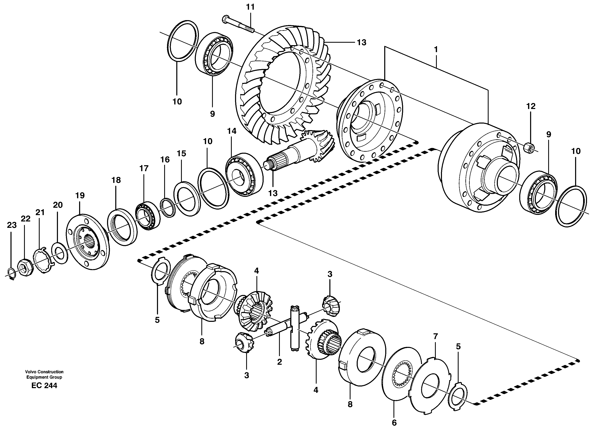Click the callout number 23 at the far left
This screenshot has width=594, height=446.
[x=12, y=225]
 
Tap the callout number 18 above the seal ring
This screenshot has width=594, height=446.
[x=116, y=180]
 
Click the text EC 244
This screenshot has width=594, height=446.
[x=44, y=386]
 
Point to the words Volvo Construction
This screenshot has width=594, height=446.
[x=44, y=372]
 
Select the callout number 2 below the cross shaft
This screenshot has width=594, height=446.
[x=280, y=362]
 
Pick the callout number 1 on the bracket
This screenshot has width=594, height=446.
[x=436, y=50]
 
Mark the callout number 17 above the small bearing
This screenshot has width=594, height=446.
[x=144, y=169]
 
